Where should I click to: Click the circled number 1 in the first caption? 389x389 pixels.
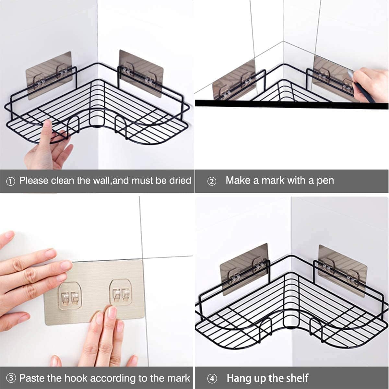pos(10,181)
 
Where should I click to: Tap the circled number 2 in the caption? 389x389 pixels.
pos(211,181)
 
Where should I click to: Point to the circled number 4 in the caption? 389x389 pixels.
pos(212,378)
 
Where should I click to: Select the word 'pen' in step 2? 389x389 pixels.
pos(325,181)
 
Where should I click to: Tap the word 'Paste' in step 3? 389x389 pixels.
pos(32,378)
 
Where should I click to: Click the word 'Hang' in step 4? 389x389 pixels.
pos(238,378)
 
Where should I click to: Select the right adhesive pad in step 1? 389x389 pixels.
pos(141,73)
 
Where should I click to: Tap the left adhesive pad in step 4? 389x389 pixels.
pos(245,269)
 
